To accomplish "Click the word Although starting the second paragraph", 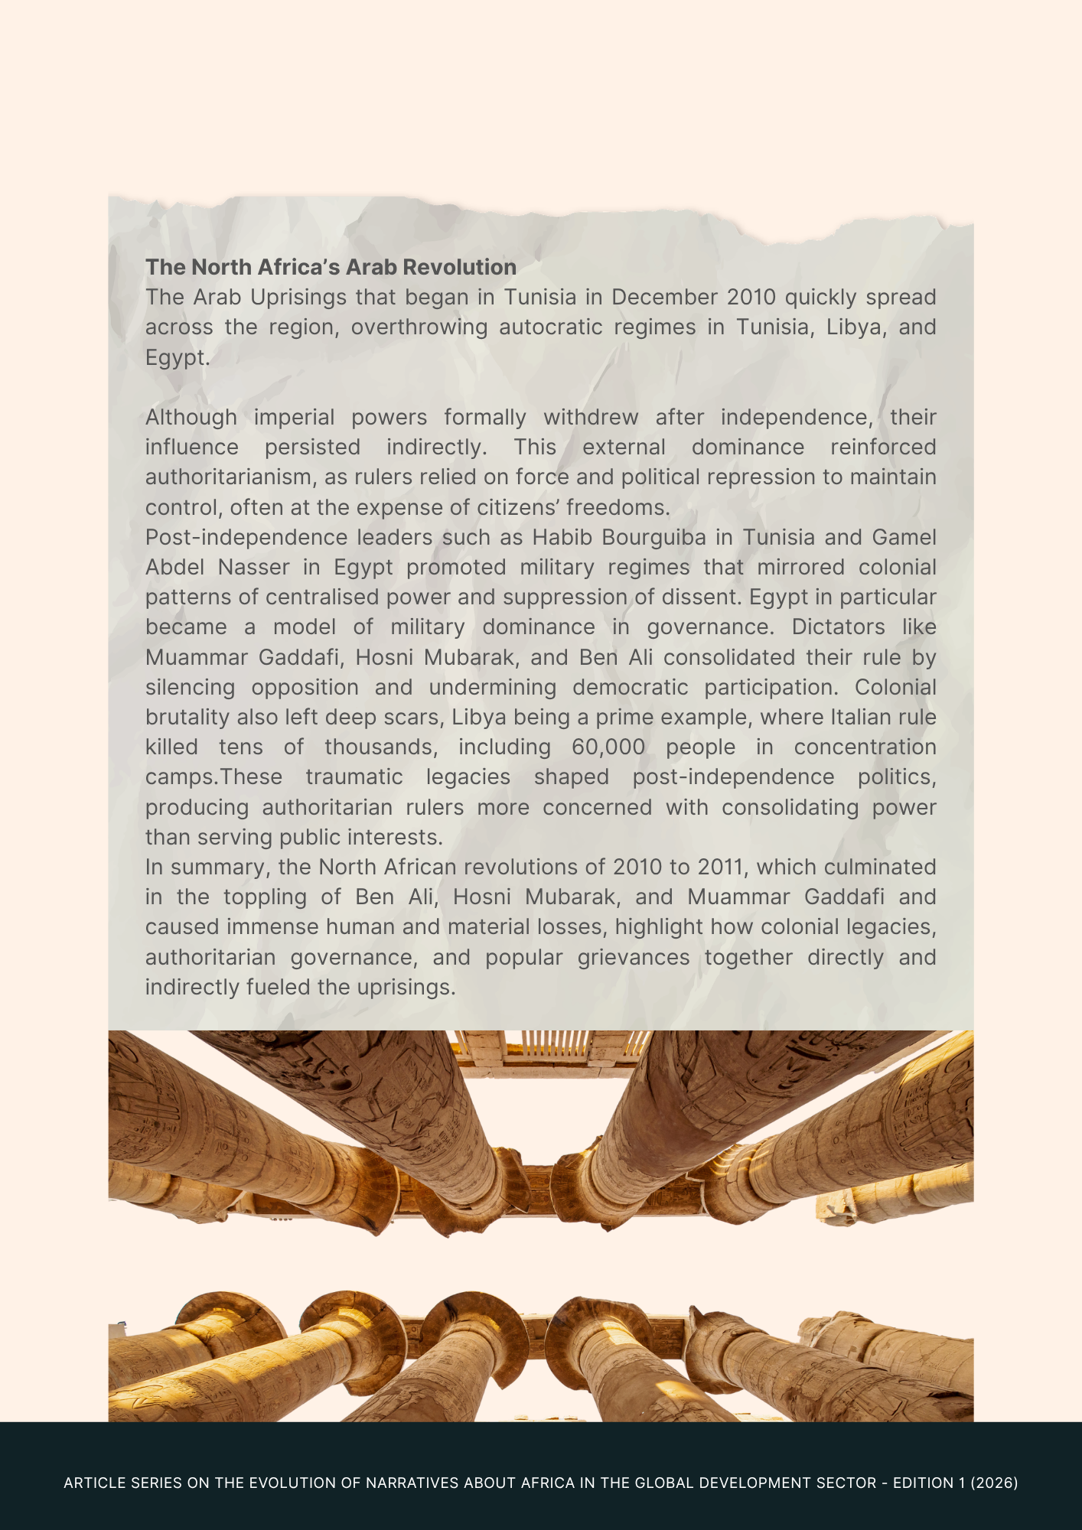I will click(x=191, y=417).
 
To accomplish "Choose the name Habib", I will click(x=562, y=537).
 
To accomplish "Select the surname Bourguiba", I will click(x=653, y=537).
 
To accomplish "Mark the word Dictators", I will click(x=837, y=627).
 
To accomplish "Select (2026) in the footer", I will click(x=994, y=1483).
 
